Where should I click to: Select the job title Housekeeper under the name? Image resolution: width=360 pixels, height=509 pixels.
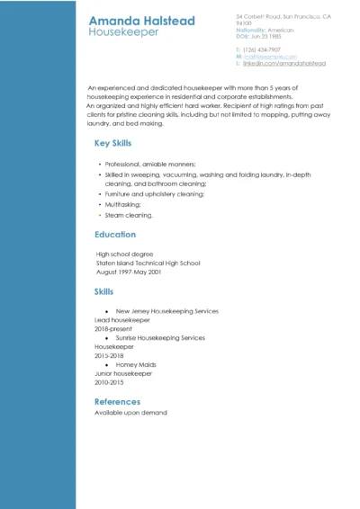click(123, 32)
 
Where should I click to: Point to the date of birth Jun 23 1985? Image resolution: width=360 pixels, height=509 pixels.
click(266, 35)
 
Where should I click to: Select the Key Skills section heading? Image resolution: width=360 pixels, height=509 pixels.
click(112, 144)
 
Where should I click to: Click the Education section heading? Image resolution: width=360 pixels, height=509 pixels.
click(115, 235)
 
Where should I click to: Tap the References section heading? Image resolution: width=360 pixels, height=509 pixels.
click(117, 402)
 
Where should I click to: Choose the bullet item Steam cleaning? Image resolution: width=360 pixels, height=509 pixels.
click(129, 216)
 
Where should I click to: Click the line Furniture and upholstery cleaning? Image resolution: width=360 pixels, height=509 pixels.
click(155, 194)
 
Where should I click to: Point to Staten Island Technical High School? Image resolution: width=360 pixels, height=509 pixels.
click(148, 263)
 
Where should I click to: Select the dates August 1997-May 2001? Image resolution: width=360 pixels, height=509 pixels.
click(128, 272)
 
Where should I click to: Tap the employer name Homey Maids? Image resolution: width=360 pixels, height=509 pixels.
click(136, 365)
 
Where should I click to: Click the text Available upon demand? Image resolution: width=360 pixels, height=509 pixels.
click(130, 413)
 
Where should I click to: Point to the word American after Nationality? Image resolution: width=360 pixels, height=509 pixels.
click(281, 29)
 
